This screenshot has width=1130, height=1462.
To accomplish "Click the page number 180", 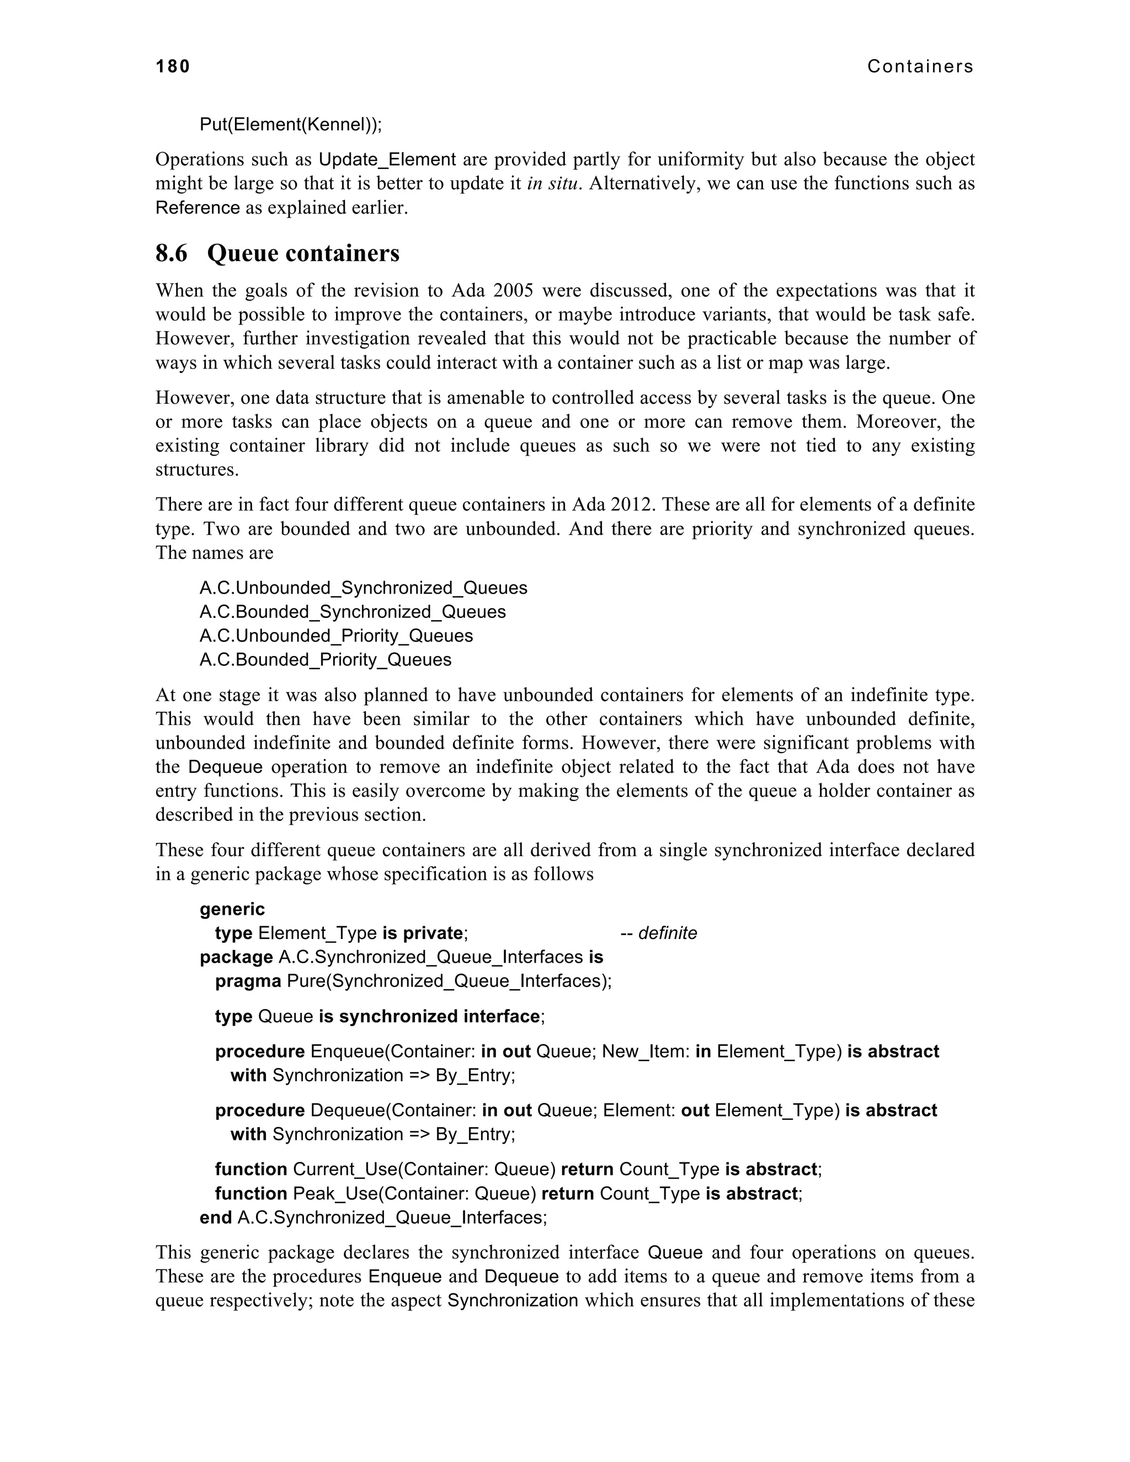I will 173,66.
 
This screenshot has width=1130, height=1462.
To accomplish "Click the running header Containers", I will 920,66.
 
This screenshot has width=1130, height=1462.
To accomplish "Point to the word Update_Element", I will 387,159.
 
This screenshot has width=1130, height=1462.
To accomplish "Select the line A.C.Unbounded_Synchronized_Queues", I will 363,588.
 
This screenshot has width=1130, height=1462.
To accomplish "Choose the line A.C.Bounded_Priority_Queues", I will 326,659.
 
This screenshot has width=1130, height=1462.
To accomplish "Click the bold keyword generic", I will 232,909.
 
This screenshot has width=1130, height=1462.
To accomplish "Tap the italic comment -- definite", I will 659,933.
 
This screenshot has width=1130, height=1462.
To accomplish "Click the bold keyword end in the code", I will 216,1217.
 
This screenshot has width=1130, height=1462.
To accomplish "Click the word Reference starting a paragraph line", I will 198,207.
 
